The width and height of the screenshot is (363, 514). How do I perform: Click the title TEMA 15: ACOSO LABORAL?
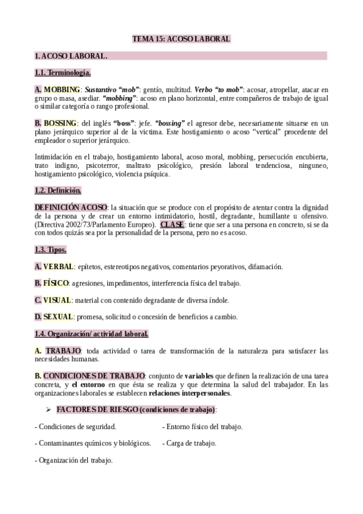click(x=181, y=39)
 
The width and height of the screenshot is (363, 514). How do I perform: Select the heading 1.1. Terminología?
click(x=63, y=73)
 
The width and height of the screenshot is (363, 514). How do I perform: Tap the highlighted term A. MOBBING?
click(x=53, y=90)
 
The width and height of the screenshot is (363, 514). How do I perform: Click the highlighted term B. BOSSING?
click(x=52, y=124)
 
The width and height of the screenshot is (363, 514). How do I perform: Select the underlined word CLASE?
click(x=172, y=225)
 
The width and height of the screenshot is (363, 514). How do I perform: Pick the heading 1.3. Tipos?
click(x=51, y=250)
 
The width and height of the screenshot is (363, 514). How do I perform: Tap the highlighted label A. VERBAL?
click(x=55, y=267)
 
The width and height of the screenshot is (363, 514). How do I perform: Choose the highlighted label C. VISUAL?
click(x=53, y=300)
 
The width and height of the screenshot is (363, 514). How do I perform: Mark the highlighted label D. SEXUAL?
click(x=54, y=317)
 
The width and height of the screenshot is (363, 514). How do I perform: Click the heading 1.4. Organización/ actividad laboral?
click(x=92, y=334)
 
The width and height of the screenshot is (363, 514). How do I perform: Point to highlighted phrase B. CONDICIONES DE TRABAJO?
click(x=90, y=376)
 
